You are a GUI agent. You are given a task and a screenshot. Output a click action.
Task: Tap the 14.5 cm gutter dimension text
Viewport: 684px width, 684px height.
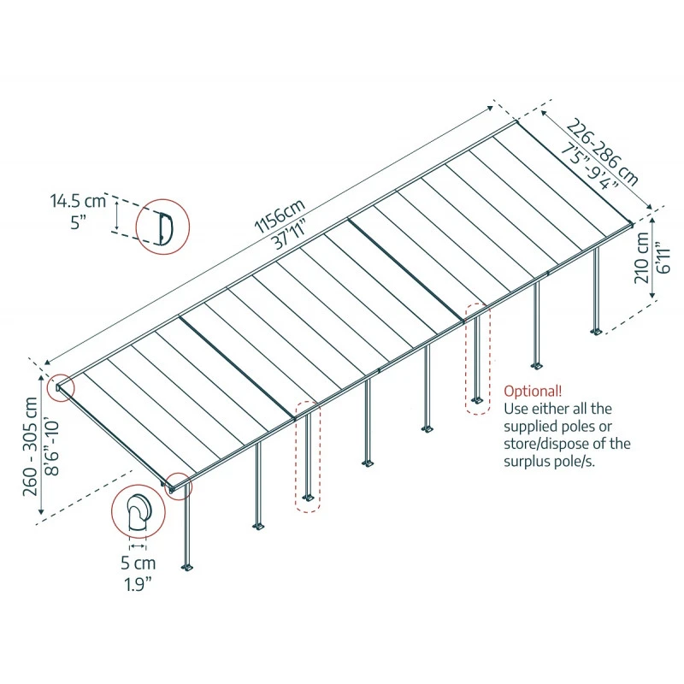click(78, 203)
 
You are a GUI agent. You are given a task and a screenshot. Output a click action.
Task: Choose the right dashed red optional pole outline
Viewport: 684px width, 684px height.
click(477, 358)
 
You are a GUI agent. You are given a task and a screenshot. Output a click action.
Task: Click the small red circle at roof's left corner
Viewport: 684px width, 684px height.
click(60, 387)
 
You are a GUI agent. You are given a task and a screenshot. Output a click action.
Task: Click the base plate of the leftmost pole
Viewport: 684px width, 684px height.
click(188, 566)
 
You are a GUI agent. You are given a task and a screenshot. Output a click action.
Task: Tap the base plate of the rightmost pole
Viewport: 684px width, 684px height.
click(597, 330)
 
